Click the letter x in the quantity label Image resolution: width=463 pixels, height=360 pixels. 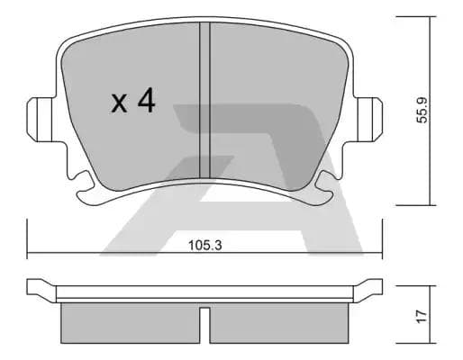click(x=120, y=104)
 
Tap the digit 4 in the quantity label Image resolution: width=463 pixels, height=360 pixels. click(x=145, y=101)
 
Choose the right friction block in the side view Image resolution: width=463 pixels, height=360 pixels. click(x=279, y=322)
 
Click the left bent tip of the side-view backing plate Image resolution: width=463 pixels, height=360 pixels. click(x=39, y=289)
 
